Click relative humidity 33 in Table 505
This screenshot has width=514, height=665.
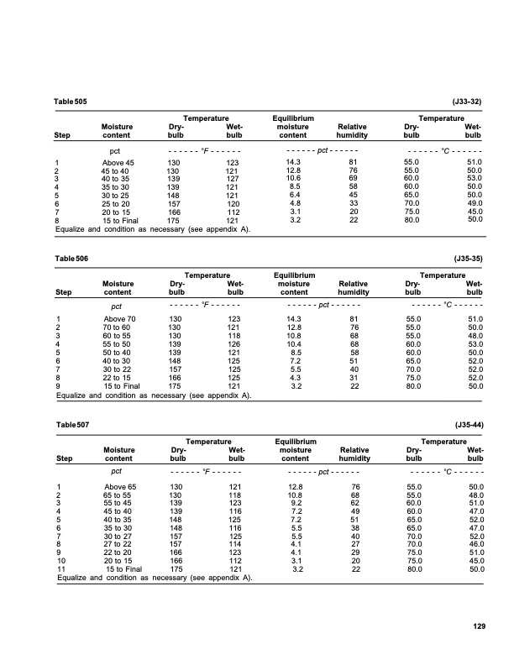(354, 203)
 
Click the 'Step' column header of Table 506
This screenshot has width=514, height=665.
(63, 292)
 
